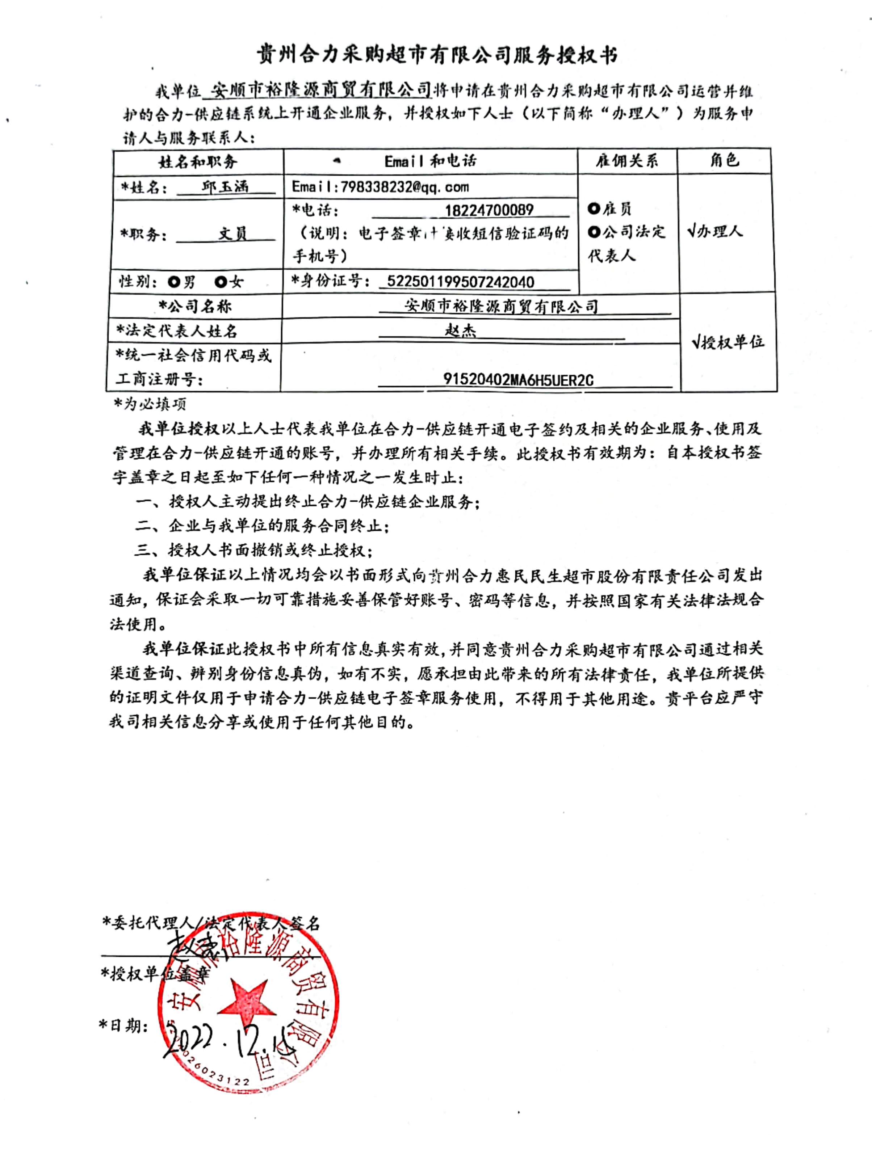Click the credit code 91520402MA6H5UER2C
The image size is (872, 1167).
click(x=518, y=379)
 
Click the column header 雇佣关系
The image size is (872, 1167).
click(x=627, y=161)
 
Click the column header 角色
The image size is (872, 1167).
click(x=724, y=160)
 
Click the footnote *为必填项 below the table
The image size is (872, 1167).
click(x=150, y=404)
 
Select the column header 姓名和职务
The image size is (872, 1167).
click(x=198, y=161)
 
